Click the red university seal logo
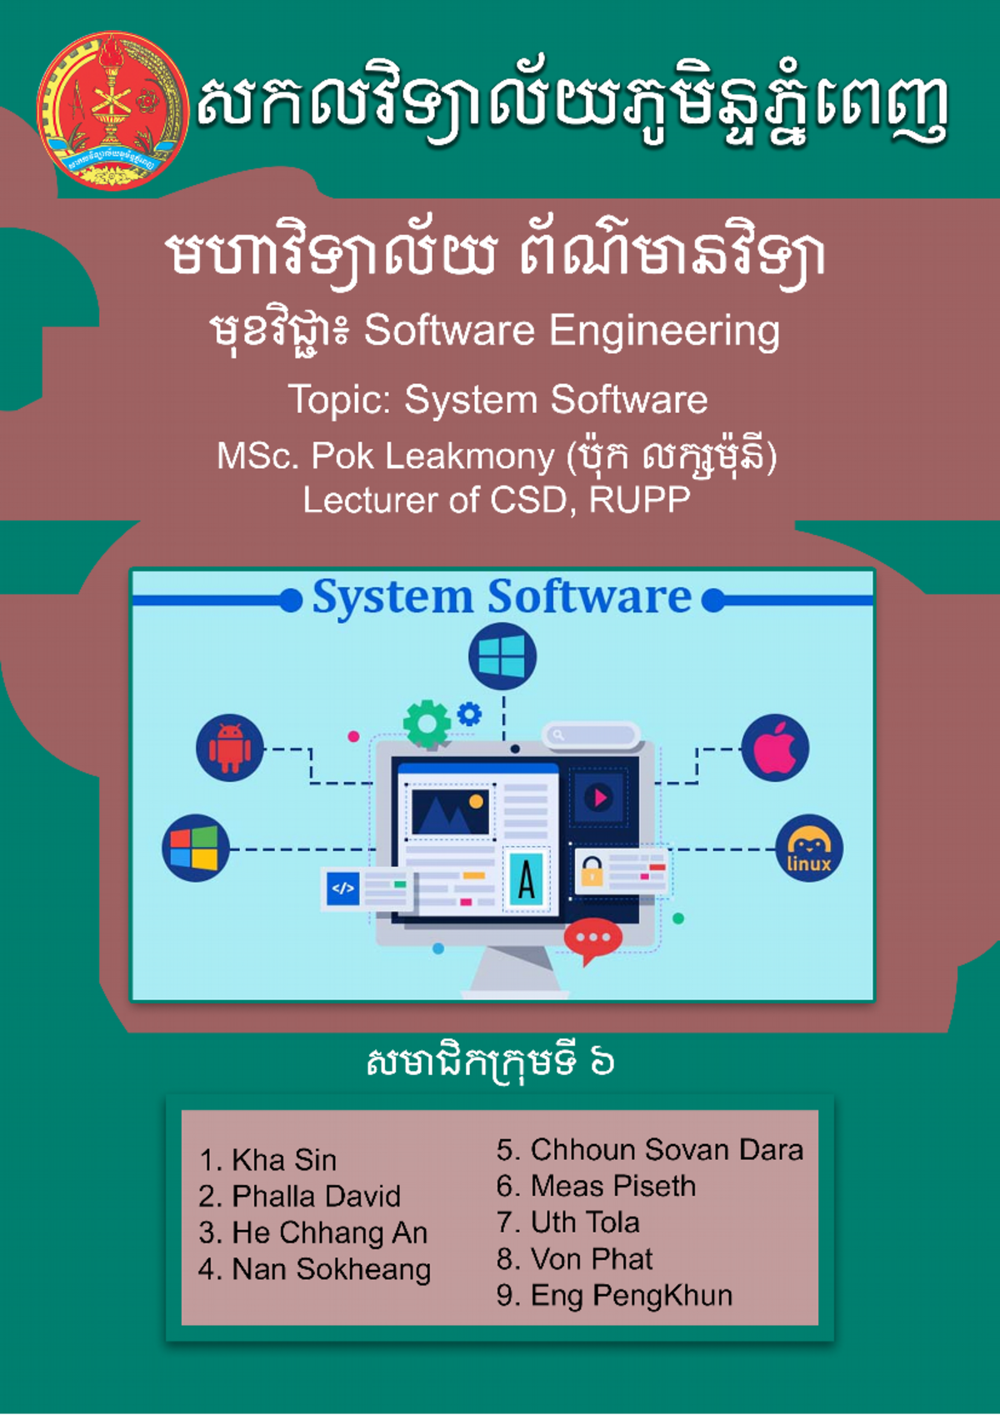click(x=112, y=110)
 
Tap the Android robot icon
click(x=229, y=747)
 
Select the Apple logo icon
click(x=775, y=747)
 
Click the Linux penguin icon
click(x=808, y=848)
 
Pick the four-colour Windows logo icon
click(x=195, y=848)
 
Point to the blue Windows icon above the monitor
click(x=502, y=657)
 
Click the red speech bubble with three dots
click(x=592, y=939)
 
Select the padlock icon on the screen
click(x=591, y=872)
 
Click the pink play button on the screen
click(x=599, y=797)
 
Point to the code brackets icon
click(x=342, y=888)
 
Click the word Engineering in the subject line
click(x=664, y=331)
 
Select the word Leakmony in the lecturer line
click(x=469, y=457)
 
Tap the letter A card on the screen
click(x=526, y=879)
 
